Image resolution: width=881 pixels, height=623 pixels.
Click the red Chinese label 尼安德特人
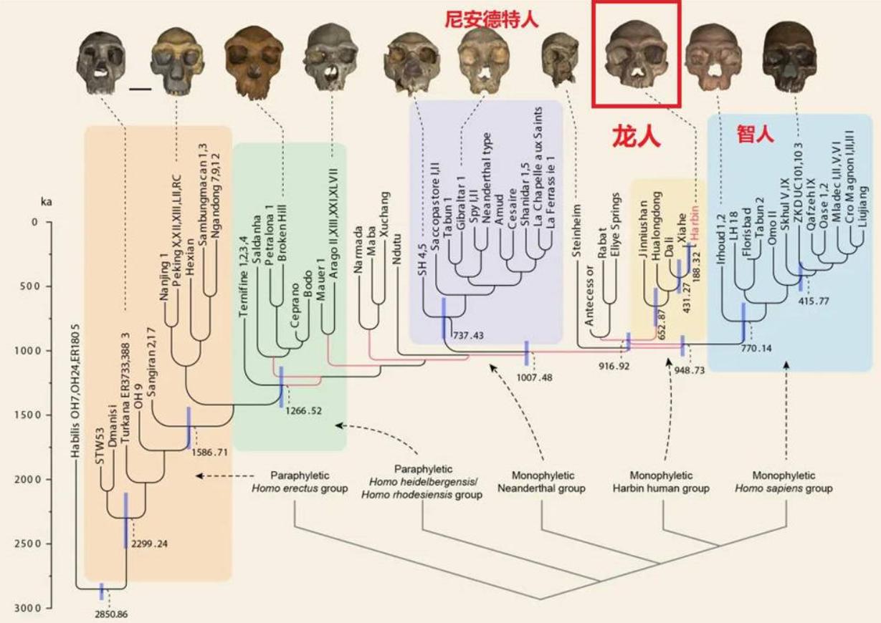(x=491, y=19)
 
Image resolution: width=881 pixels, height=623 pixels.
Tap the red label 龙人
(x=634, y=135)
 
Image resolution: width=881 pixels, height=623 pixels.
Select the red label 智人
(x=756, y=134)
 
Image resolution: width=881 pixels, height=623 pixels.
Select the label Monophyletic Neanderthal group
(x=548, y=482)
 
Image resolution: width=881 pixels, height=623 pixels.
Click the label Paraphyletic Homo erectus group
(x=309, y=482)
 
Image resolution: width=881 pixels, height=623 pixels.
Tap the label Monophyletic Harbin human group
(x=662, y=482)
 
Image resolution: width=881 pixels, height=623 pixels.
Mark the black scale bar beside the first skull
(x=141, y=90)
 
